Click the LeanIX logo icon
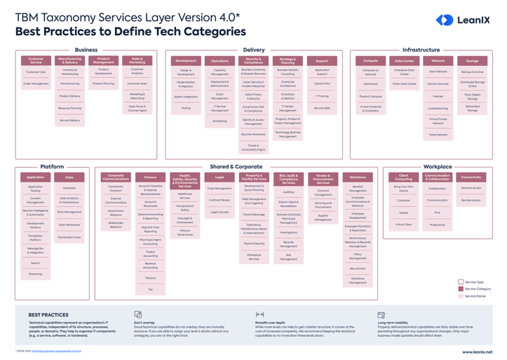click(x=445, y=20)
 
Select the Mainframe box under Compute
click(x=370, y=84)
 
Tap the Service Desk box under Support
click(x=322, y=108)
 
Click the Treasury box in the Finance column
click(x=150, y=278)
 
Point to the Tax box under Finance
click(x=150, y=289)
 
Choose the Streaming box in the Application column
click(x=35, y=274)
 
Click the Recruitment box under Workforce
click(x=358, y=269)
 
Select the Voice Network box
click(x=438, y=135)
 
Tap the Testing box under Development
click(x=186, y=108)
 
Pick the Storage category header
click(x=472, y=61)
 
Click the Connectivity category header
click(x=471, y=177)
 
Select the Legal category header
click(x=219, y=177)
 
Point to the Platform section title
click(x=52, y=167)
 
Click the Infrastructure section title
click(x=421, y=50)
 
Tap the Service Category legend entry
click(x=477, y=288)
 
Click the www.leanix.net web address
click(x=477, y=352)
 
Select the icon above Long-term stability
click(x=381, y=315)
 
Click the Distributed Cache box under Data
click(x=69, y=237)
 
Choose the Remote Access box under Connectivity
click(x=471, y=200)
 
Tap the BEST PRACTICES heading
click(x=48, y=315)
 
